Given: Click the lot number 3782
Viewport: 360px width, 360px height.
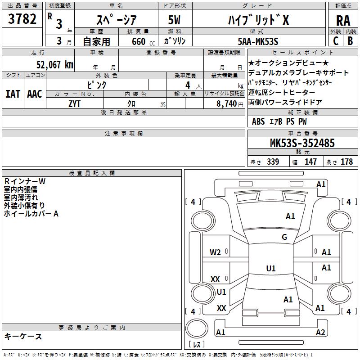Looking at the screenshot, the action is (x=22, y=19).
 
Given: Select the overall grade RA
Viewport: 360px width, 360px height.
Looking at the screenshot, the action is (x=343, y=21).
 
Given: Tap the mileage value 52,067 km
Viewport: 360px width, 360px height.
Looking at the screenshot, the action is (x=55, y=65).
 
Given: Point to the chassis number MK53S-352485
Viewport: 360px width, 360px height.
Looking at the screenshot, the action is (x=302, y=143).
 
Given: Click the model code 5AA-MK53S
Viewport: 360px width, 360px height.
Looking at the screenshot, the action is (x=258, y=41).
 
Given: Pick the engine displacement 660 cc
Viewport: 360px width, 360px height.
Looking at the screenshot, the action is (x=143, y=42).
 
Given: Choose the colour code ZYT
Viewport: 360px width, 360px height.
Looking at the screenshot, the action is (x=74, y=104).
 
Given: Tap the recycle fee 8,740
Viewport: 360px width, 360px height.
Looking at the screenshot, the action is (x=226, y=104).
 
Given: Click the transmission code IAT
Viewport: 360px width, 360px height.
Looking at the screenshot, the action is (x=13, y=94).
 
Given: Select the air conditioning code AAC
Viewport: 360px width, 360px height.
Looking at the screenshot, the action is (x=35, y=94).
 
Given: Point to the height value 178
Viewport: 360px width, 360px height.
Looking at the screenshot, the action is (x=346, y=162).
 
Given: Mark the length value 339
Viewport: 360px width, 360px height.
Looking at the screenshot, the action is (x=273, y=162).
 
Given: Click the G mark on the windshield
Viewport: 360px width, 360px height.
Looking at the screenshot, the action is (x=284, y=237).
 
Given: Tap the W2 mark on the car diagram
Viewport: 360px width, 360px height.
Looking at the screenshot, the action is (x=215, y=252).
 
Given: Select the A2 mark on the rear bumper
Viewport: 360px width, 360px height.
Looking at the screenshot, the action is (x=320, y=332).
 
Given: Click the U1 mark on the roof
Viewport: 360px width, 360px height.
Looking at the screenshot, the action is (x=271, y=268).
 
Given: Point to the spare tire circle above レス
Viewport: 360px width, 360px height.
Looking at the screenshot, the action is (x=197, y=328).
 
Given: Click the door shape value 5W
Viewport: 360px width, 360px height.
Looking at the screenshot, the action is (x=174, y=20).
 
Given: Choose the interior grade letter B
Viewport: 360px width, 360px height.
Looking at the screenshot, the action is (x=350, y=41).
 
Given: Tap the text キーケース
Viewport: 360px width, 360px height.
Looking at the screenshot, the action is (x=23, y=336).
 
